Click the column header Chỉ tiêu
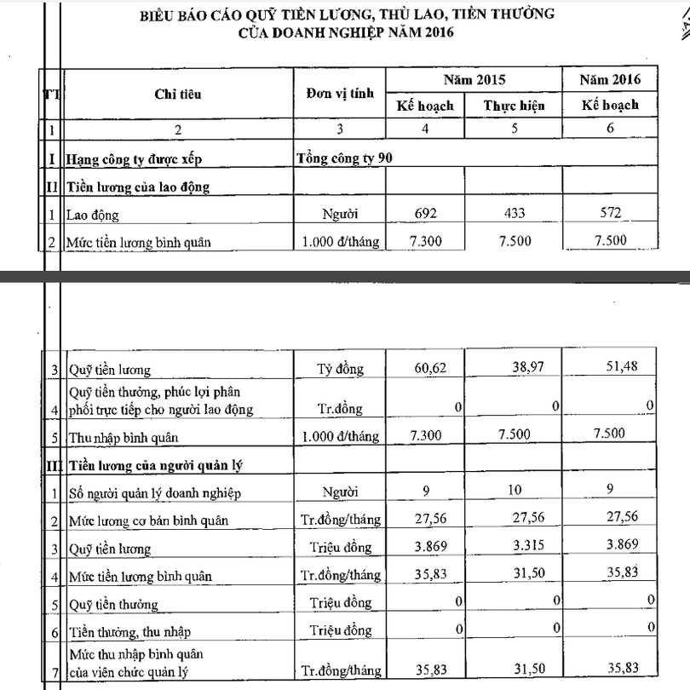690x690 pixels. [x=178, y=93]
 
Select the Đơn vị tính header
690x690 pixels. [x=339, y=93]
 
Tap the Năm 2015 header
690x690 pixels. [x=474, y=80]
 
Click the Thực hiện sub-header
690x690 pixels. [x=514, y=106]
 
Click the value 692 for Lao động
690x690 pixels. [x=425, y=213]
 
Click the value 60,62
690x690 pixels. [x=426, y=369]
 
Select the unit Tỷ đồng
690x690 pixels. [x=339, y=369]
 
